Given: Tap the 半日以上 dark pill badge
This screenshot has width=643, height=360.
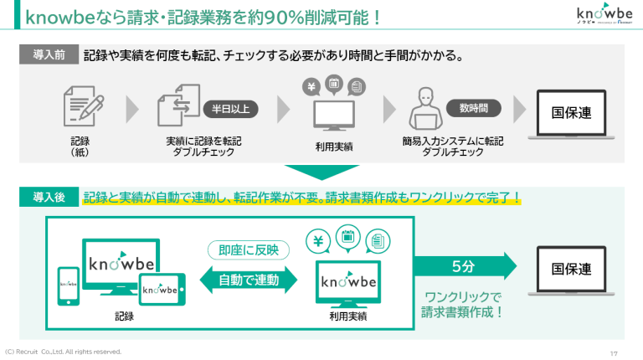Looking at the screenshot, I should [x=230, y=109].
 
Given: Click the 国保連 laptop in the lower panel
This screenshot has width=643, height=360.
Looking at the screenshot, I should [x=571, y=271].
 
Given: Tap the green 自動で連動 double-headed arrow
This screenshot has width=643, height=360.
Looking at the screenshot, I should [x=249, y=280].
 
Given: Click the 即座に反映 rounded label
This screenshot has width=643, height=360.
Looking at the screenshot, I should [x=249, y=249].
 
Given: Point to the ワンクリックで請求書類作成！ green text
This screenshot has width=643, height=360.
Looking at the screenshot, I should [x=462, y=305].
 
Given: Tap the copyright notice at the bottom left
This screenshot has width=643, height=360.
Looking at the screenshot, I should [x=64, y=352].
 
